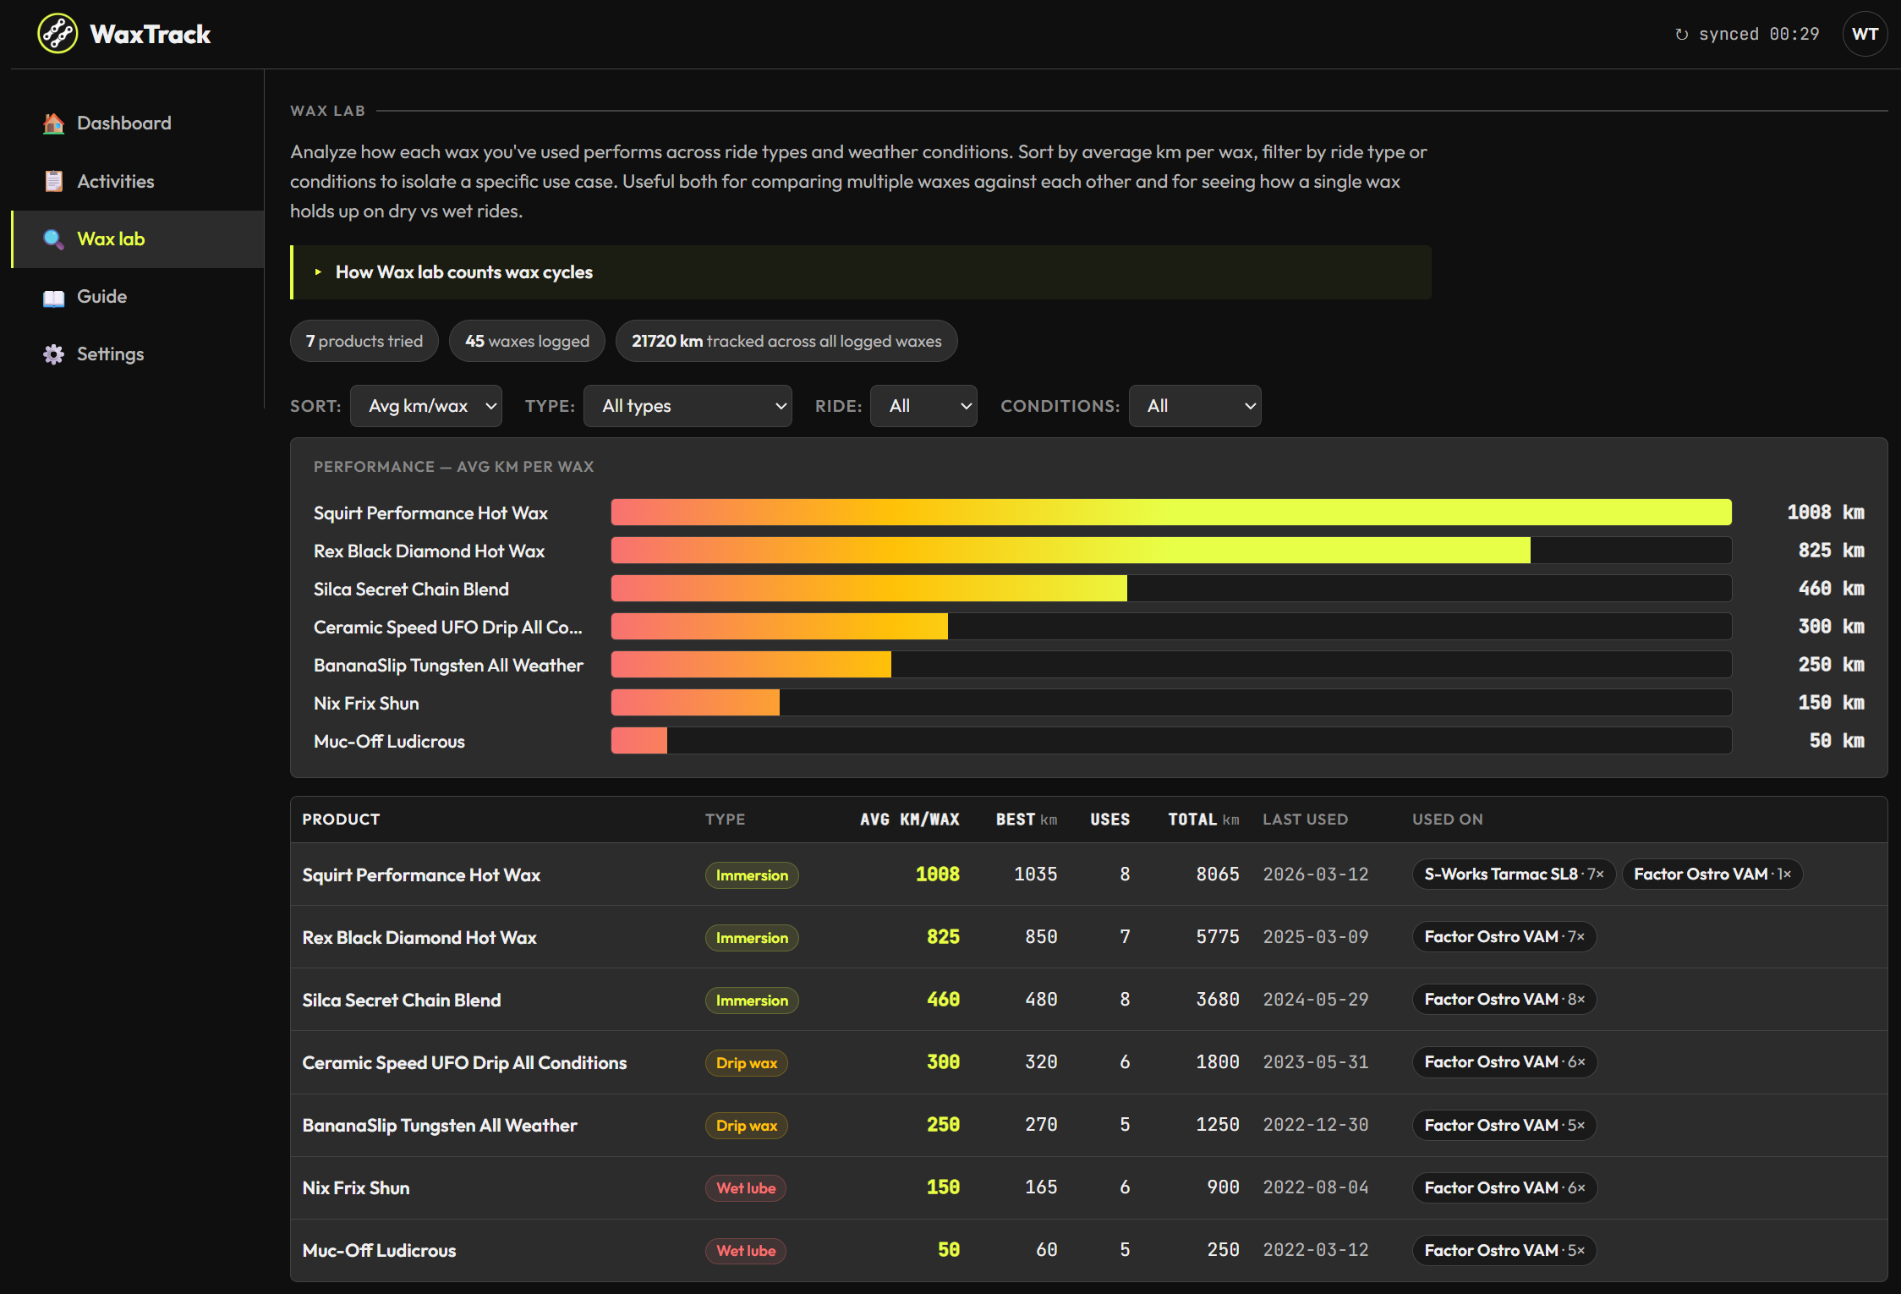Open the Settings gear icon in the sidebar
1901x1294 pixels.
[x=54, y=354]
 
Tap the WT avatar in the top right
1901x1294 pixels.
[x=1865, y=34]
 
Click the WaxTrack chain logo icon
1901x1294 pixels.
[x=58, y=34]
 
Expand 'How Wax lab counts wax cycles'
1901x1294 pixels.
[x=463, y=272]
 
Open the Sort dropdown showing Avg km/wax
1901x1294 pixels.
[x=426, y=406]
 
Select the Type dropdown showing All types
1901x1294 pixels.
[x=688, y=406]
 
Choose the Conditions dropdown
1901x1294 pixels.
[x=1195, y=406]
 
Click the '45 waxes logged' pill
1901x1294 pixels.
[x=527, y=341]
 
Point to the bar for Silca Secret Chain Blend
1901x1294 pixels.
[x=869, y=589]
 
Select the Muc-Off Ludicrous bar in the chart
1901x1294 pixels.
[x=639, y=741]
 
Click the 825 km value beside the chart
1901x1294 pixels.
[x=1831, y=551]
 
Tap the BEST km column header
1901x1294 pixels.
[x=1027, y=820]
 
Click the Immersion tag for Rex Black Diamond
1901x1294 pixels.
[x=752, y=938]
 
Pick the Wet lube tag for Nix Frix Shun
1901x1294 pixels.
[x=746, y=1188]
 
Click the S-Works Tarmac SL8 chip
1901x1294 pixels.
[x=1514, y=875]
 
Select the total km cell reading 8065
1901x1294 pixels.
[x=1218, y=875]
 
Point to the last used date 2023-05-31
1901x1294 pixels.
[x=1316, y=1062]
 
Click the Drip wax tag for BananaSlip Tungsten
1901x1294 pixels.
[x=747, y=1126]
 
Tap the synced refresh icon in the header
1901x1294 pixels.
[x=1682, y=35]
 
